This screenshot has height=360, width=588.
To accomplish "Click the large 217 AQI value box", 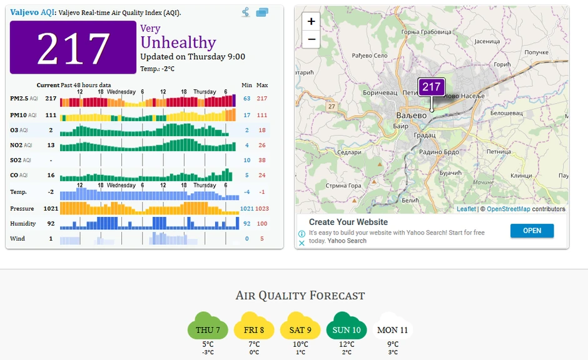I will pyautogui.click(x=73, y=48).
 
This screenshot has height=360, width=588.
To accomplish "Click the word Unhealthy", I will pyautogui.click(x=178, y=42).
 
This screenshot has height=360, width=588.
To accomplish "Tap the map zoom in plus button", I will pyautogui.click(x=311, y=21).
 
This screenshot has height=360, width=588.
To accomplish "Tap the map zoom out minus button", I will pyautogui.click(x=311, y=39).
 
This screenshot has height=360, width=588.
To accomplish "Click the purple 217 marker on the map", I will pyautogui.click(x=431, y=87).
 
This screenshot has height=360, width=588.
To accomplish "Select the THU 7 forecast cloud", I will pyautogui.click(x=208, y=329).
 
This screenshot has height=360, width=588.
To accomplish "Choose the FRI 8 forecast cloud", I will pyautogui.click(x=254, y=329).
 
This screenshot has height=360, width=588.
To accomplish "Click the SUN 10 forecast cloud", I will pyautogui.click(x=347, y=329).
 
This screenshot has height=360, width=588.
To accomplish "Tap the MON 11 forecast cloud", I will pyautogui.click(x=392, y=329).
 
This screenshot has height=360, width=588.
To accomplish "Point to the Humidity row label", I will pyautogui.click(x=23, y=223).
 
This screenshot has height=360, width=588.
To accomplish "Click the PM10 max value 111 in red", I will pyautogui.click(x=261, y=115).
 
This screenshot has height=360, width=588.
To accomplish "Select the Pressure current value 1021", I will pyautogui.click(x=51, y=208).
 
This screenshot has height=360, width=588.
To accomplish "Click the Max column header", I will pyautogui.click(x=262, y=85).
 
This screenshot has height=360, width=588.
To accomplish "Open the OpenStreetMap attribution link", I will pyautogui.click(x=508, y=209).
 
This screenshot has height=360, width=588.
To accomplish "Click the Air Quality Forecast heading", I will pyautogui.click(x=300, y=296).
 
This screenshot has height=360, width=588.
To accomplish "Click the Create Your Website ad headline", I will pyautogui.click(x=348, y=222).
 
